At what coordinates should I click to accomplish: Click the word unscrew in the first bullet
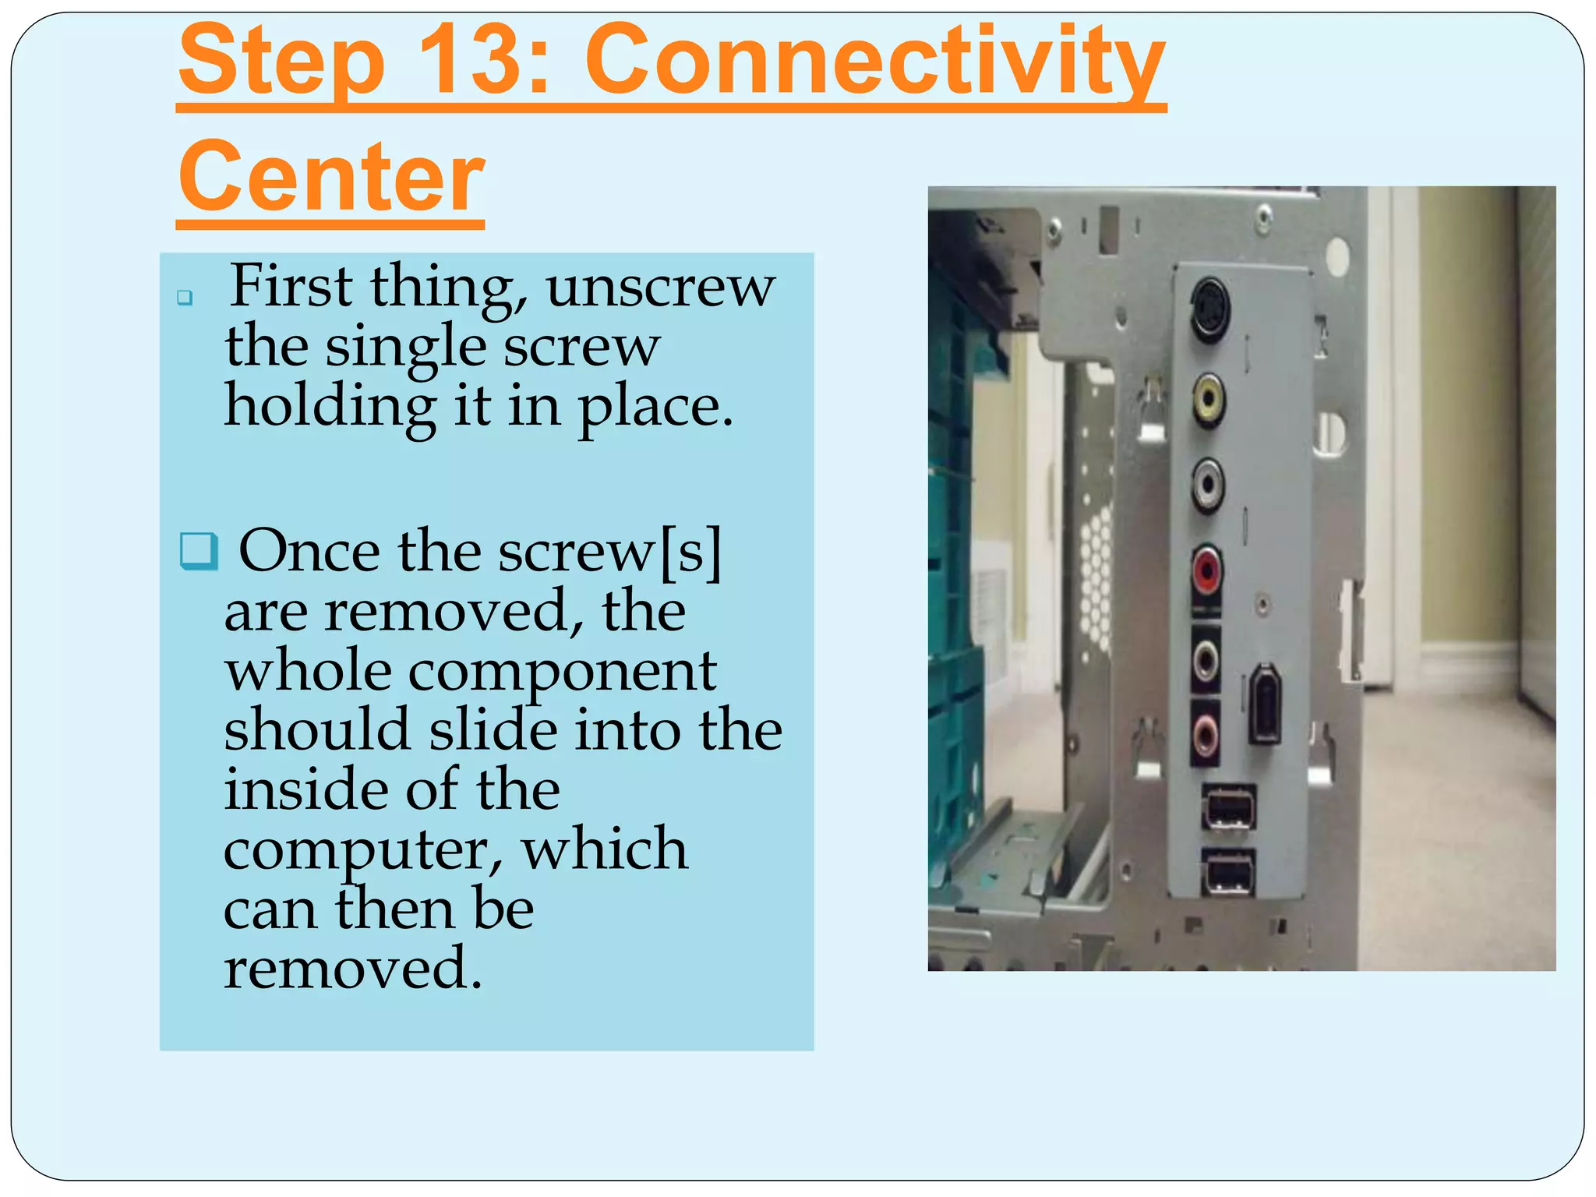[660, 288]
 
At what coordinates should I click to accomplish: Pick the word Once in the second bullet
[309, 552]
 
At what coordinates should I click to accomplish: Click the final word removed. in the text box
[353, 969]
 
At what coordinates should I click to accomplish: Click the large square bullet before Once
[198, 550]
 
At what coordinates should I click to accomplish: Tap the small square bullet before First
[185, 297]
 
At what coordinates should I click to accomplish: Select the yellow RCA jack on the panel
[1209, 400]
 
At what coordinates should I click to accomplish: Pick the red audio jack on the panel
[1206, 569]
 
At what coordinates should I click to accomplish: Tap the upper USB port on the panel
[1229, 807]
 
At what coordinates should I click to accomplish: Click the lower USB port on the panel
[1229, 872]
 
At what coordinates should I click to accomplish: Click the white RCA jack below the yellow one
[1207, 485]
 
